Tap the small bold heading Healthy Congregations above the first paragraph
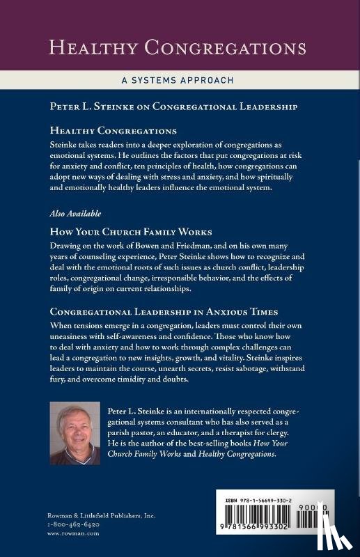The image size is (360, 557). [113, 130]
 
